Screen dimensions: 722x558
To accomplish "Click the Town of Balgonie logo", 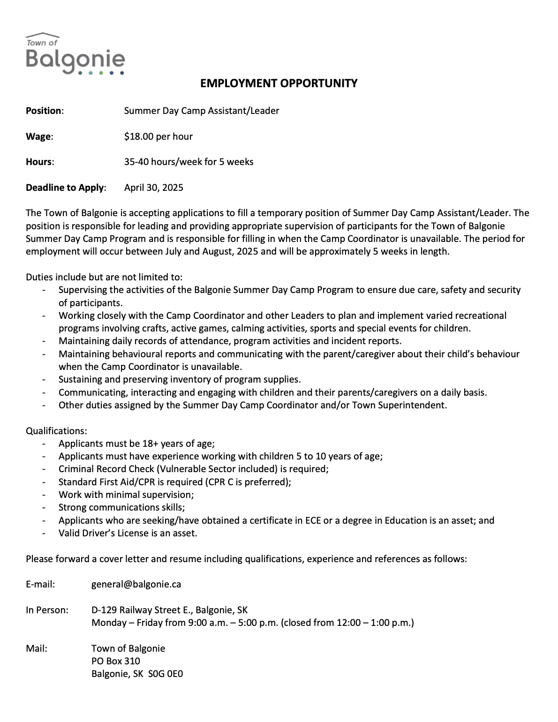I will click(75, 54).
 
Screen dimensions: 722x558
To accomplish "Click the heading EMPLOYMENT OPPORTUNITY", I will click(279, 83).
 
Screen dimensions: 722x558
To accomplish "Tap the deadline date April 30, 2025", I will click(154, 188).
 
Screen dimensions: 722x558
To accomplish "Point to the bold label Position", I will click(44, 111).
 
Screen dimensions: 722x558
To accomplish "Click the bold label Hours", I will click(39, 162).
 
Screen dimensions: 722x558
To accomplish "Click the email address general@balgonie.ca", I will click(136, 584).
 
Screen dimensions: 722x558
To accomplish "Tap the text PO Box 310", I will click(116, 661).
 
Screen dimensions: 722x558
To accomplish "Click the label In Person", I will click(47, 610).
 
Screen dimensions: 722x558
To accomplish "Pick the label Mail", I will click(37, 648).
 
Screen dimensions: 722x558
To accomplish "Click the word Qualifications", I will click(56, 430).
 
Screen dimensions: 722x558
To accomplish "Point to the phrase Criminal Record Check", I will click(106, 469).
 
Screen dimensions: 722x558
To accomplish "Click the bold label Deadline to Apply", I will click(65, 188).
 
